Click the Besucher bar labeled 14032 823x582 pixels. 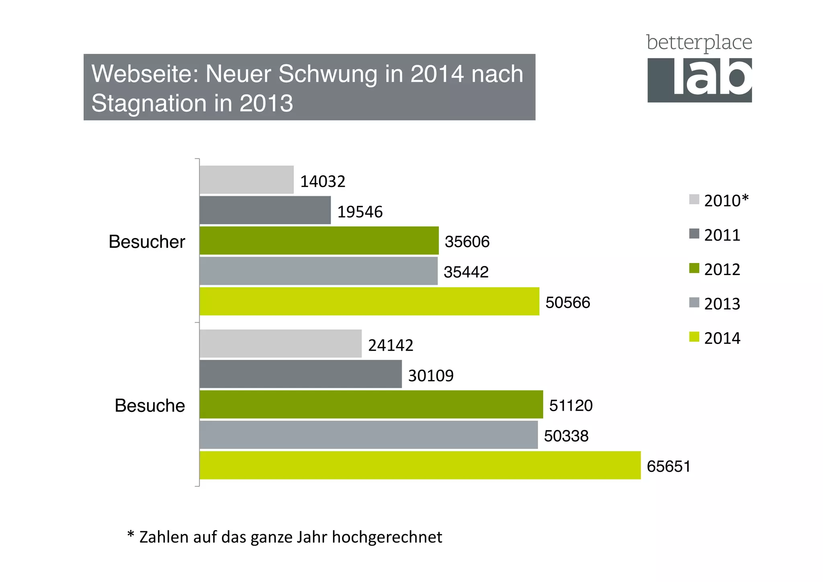246,180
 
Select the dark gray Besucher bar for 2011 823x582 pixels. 265,210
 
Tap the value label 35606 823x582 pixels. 467,242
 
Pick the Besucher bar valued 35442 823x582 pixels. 318,271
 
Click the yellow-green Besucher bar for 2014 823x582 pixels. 369,301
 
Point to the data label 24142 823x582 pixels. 391,345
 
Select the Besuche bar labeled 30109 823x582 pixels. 300,374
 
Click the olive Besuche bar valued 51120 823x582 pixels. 371,404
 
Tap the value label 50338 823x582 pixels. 566,436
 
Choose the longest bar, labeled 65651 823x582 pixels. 420,465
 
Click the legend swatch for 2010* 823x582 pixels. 694,199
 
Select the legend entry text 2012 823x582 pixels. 722,269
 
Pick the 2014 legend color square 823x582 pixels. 694,337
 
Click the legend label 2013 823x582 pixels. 722,304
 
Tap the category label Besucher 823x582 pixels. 147,242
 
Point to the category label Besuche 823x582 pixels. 149,405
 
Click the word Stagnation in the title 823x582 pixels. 148,103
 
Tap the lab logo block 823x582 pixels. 699,80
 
